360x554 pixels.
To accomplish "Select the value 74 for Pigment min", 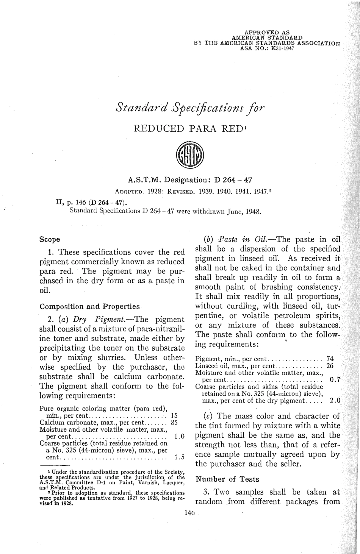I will [330, 359].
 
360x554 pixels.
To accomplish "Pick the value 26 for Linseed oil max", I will [330, 365].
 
